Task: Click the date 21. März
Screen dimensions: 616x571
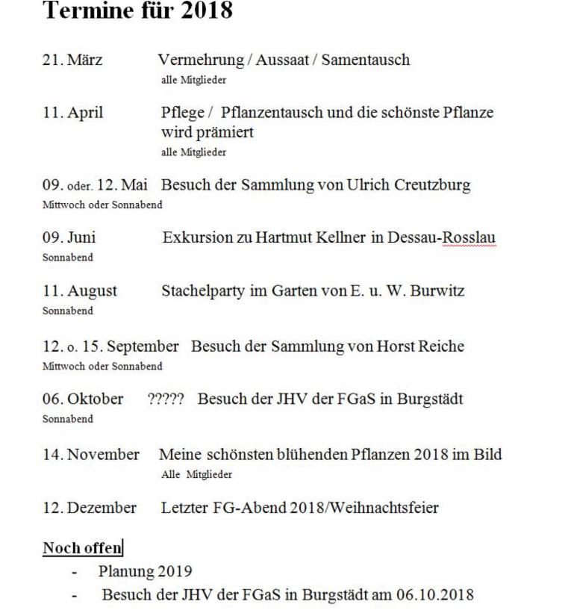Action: tap(72, 60)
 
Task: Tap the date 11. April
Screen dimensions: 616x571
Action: tap(72, 113)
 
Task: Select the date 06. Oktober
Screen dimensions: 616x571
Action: tap(83, 399)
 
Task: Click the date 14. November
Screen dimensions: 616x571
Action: tap(91, 455)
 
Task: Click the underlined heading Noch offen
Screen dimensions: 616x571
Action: tap(82, 549)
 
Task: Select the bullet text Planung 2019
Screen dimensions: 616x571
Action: tap(145, 573)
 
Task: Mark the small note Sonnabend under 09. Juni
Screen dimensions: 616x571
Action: tap(68, 257)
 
